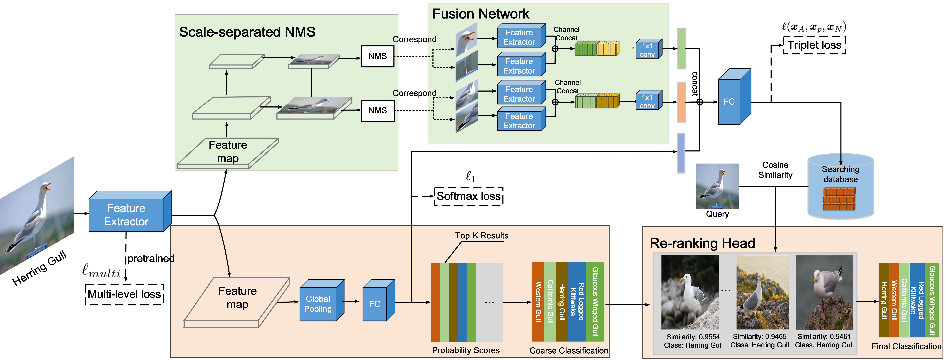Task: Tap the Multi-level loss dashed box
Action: click(x=124, y=294)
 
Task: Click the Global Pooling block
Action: click(x=318, y=304)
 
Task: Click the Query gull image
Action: click(x=717, y=186)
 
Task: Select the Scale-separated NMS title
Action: click(x=247, y=32)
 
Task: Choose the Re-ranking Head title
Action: click(x=702, y=243)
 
